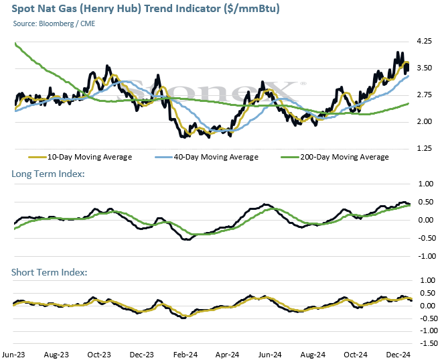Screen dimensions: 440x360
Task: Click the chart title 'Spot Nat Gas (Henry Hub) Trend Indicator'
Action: pyautogui.click(x=116, y=9)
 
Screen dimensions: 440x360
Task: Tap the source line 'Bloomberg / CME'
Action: pyautogui.click(x=67, y=23)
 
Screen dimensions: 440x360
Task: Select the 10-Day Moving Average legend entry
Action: pyautogui.click(x=80, y=157)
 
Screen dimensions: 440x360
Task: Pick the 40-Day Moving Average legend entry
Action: pyautogui.click(x=206, y=157)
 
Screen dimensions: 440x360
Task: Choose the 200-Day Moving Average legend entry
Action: pyautogui.click(x=335, y=157)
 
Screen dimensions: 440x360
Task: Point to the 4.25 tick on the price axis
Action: pyautogui.click(x=425, y=42)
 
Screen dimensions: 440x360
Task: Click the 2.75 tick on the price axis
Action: pyautogui.click(x=425, y=95)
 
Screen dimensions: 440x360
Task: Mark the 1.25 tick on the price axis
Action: pyautogui.click(x=425, y=149)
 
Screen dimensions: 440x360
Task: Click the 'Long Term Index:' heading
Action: pyautogui.click(x=48, y=174)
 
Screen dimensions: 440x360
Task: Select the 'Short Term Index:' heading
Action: pyautogui.click(x=49, y=272)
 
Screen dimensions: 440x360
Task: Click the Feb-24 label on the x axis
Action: pyautogui.click(x=186, y=355)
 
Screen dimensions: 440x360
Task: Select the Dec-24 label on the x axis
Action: pyautogui.click(x=398, y=355)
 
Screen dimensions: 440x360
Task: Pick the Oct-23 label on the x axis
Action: pyautogui.click(x=99, y=355)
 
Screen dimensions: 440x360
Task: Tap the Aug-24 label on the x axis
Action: pyautogui.click(x=313, y=355)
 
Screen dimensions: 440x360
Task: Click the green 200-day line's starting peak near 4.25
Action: pyautogui.click(x=15, y=44)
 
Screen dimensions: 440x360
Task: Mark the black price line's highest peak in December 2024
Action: pyautogui.click(x=398, y=52)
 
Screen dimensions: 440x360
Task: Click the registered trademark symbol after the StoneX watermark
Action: pyautogui.click(x=303, y=83)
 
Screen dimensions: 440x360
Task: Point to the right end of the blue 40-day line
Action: pyautogui.click(x=408, y=76)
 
